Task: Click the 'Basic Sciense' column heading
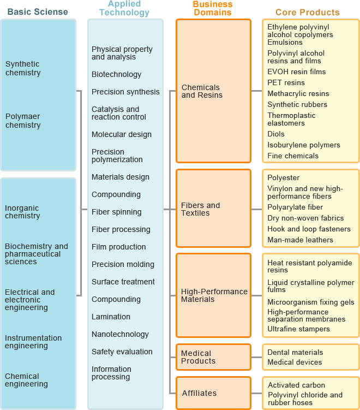38,12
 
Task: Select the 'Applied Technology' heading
124,8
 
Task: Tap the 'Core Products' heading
308,13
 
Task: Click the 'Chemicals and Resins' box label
202,91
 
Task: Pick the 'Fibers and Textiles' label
200,209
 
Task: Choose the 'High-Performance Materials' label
214,295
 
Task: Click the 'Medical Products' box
213,357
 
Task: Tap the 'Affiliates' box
213,393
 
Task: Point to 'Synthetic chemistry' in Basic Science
23,68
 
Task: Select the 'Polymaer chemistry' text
23,121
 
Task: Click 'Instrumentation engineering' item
33,342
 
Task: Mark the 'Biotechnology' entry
116,75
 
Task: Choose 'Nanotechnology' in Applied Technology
120,335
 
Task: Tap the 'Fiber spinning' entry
117,212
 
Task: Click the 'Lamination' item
111,317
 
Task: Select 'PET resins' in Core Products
286,82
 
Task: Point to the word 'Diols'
276,134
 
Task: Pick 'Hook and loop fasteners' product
309,229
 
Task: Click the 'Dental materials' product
295,352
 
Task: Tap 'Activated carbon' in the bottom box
297,385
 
